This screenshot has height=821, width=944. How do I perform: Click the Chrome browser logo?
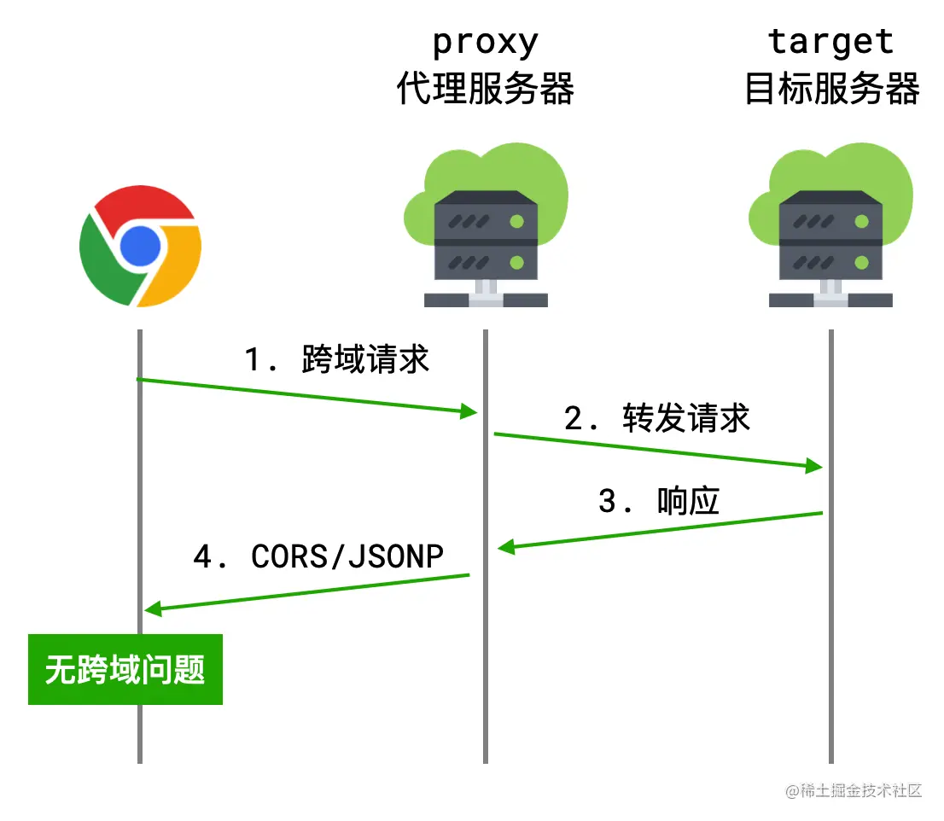pyautogui.click(x=141, y=247)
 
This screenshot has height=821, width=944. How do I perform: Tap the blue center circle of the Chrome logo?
pyautogui.click(x=141, y=247)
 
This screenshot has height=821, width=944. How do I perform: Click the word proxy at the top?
pyautogui.click(x=485, y=42)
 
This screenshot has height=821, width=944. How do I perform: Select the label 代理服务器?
pyautogui.click(x=485, y=89)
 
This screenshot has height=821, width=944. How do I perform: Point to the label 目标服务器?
pyautogui.click(x=831, y=89)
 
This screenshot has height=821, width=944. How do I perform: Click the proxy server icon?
pyautogui.click(x=485, y=230)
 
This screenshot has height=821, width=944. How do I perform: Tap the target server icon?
pyautogui.click(x=830, y=230)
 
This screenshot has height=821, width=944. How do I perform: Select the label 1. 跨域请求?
pyautogui.click(x=338, y=359)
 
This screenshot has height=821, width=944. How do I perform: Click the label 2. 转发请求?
pyautogui.click(x=657, y=418)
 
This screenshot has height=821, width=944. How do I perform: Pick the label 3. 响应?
pyautogui.click(x=659, y=501)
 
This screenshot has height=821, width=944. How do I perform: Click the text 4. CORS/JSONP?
pyautogui.click(x=318, y=556)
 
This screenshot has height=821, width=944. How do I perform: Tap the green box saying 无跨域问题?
pyautogui.click(x=125, y=669)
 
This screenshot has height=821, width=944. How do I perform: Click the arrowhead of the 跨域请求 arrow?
pyautogui.click(x=468, y=412)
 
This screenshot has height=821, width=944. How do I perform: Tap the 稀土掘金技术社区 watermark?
pyautogui.click(x=854, y=790)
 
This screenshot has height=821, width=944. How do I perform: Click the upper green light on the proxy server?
pyautogui.click(x=516, y=222)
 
